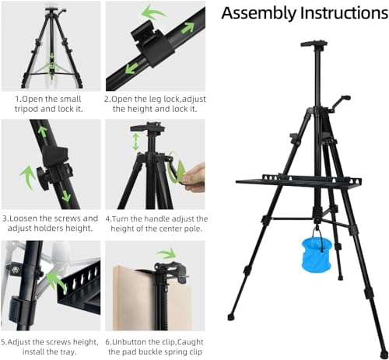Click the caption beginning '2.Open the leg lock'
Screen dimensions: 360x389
[155, 103]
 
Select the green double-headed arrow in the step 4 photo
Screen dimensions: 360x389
[135, 141]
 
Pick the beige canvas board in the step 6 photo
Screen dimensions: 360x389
[132, 299]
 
